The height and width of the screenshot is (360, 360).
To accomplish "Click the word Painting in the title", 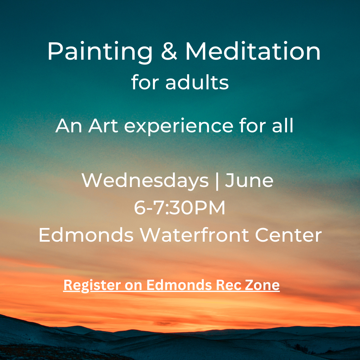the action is click(100, 52).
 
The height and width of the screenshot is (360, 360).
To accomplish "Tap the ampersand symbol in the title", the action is click(169, 51).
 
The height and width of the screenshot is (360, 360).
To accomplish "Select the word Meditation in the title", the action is click(253, 51).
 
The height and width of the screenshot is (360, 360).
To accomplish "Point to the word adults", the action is click(197, 82).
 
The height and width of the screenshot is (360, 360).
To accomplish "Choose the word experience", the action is click(179, 127).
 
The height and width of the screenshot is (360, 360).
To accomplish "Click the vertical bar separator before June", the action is click(217, 181).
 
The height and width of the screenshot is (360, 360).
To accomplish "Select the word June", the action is click(249, 180).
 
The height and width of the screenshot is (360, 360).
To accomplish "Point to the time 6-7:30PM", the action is click(180, 208).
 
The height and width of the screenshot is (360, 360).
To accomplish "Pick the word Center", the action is click(288, 235).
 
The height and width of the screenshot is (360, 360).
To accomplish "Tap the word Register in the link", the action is click(92, 286).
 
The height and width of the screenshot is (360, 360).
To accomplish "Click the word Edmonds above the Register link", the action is click(86, 235).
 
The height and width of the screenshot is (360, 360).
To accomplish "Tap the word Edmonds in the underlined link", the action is click(179, 285).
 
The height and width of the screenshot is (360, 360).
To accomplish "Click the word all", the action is click(283, 125).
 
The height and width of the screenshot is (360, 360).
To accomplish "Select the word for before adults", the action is click(145, 82).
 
